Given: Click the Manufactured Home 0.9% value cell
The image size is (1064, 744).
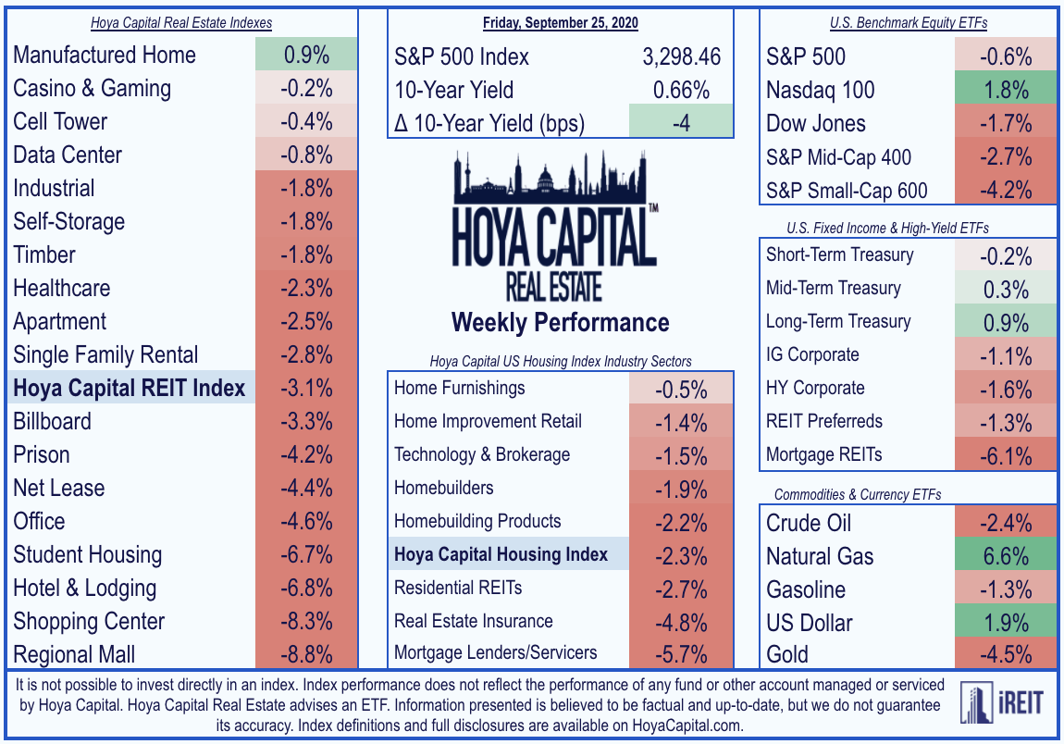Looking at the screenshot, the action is [x=307, y=55].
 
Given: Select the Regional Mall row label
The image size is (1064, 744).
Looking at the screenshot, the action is [x=74, y=654].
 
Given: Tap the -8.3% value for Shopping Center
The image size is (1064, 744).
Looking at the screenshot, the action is [x=307, y=621].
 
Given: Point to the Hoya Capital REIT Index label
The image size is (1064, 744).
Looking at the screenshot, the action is [x=129, y=388].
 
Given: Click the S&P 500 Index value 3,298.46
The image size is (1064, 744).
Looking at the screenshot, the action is [x=681, y=56].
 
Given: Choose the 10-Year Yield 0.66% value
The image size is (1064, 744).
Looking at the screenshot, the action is [x=681, y=90].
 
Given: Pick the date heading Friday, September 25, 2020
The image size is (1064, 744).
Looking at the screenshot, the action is [x=561, y=22].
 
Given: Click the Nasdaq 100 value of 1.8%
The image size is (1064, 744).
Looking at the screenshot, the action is [x=1006, y=90].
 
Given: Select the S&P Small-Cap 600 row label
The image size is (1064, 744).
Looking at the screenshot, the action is [x=847, y=191].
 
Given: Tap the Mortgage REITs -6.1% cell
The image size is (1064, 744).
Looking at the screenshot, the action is [x=1006, y=454].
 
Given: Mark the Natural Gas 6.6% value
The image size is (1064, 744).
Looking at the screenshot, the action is [x=1006, y=556].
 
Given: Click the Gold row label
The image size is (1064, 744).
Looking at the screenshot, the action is [x=787, y=654].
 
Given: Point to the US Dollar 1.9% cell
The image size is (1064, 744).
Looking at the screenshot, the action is [x=1006, y=623].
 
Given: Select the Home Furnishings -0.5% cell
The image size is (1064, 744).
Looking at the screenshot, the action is [x=681, y=389].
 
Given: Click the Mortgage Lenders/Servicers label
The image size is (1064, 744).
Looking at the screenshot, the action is [x=495, y=652].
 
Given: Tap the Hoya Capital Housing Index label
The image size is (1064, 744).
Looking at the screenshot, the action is [x=501, y=554].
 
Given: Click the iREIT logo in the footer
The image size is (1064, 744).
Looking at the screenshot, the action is [x=1002, y=702].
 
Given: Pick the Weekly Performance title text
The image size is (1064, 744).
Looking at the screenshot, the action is [x=561, y=322].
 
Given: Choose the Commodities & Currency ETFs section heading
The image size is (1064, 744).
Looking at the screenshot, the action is [x=858, y=494].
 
